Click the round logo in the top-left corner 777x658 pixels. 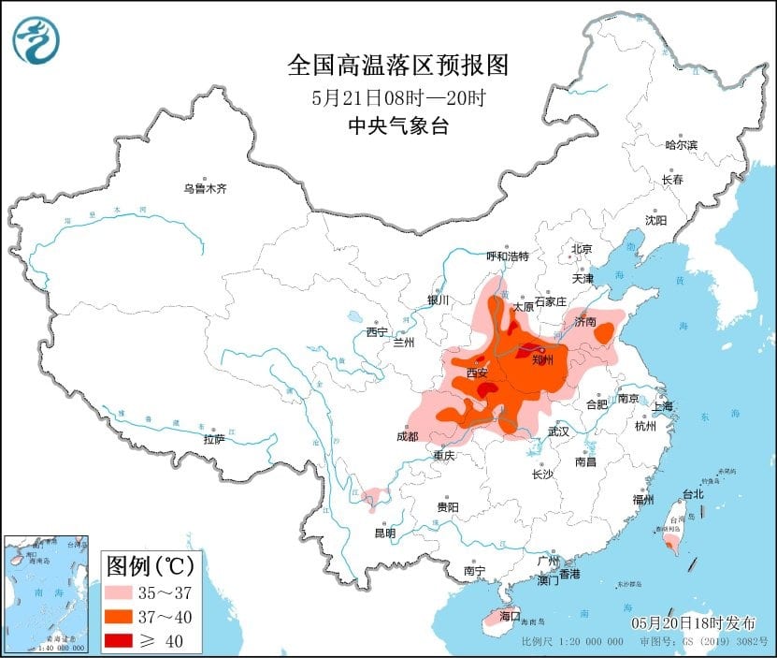[x=36, y=39]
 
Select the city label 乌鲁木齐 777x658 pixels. [x=205, y=189]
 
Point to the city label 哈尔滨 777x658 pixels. [x=681, y=145]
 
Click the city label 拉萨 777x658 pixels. [x=214, y=439]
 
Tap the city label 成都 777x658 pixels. [x=407, y=436]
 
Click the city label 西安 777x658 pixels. [x=477, y=373]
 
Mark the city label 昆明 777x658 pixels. [x=384, y=533]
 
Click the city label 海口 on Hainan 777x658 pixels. [x=509, y=617]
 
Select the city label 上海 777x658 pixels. [x=663, y=406]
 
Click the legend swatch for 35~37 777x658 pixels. [x=122, y=592]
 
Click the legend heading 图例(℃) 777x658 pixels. [x=150, y=566]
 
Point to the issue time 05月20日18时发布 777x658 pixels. [x=694, y=622]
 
